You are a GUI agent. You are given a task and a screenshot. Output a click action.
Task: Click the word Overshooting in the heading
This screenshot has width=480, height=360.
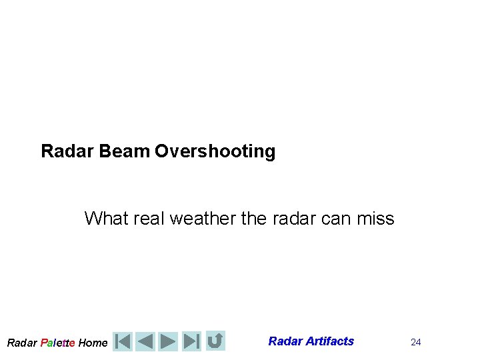coord(215,151)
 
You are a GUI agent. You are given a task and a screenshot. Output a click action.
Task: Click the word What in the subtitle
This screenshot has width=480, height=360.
coord(105,218)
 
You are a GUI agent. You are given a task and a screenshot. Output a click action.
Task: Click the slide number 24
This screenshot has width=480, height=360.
coord(416,342)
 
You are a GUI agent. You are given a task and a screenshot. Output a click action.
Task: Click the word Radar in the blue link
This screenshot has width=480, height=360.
coord(285,341)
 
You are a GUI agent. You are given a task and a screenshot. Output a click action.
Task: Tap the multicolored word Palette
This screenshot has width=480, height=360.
coord(57,343)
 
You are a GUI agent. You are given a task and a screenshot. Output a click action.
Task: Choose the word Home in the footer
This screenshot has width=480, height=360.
coord(93,343)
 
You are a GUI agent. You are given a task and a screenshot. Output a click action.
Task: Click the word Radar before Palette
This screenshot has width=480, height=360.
coord(22,343)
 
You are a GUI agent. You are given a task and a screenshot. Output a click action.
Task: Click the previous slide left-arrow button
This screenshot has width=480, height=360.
coord(145,341)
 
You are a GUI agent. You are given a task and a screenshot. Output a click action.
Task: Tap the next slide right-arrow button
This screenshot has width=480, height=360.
coord(169,341)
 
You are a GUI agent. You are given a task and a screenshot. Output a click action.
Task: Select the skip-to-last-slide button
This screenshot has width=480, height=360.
coord(191,341)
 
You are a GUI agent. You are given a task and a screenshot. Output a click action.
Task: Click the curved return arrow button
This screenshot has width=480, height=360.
coord(215,341)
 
